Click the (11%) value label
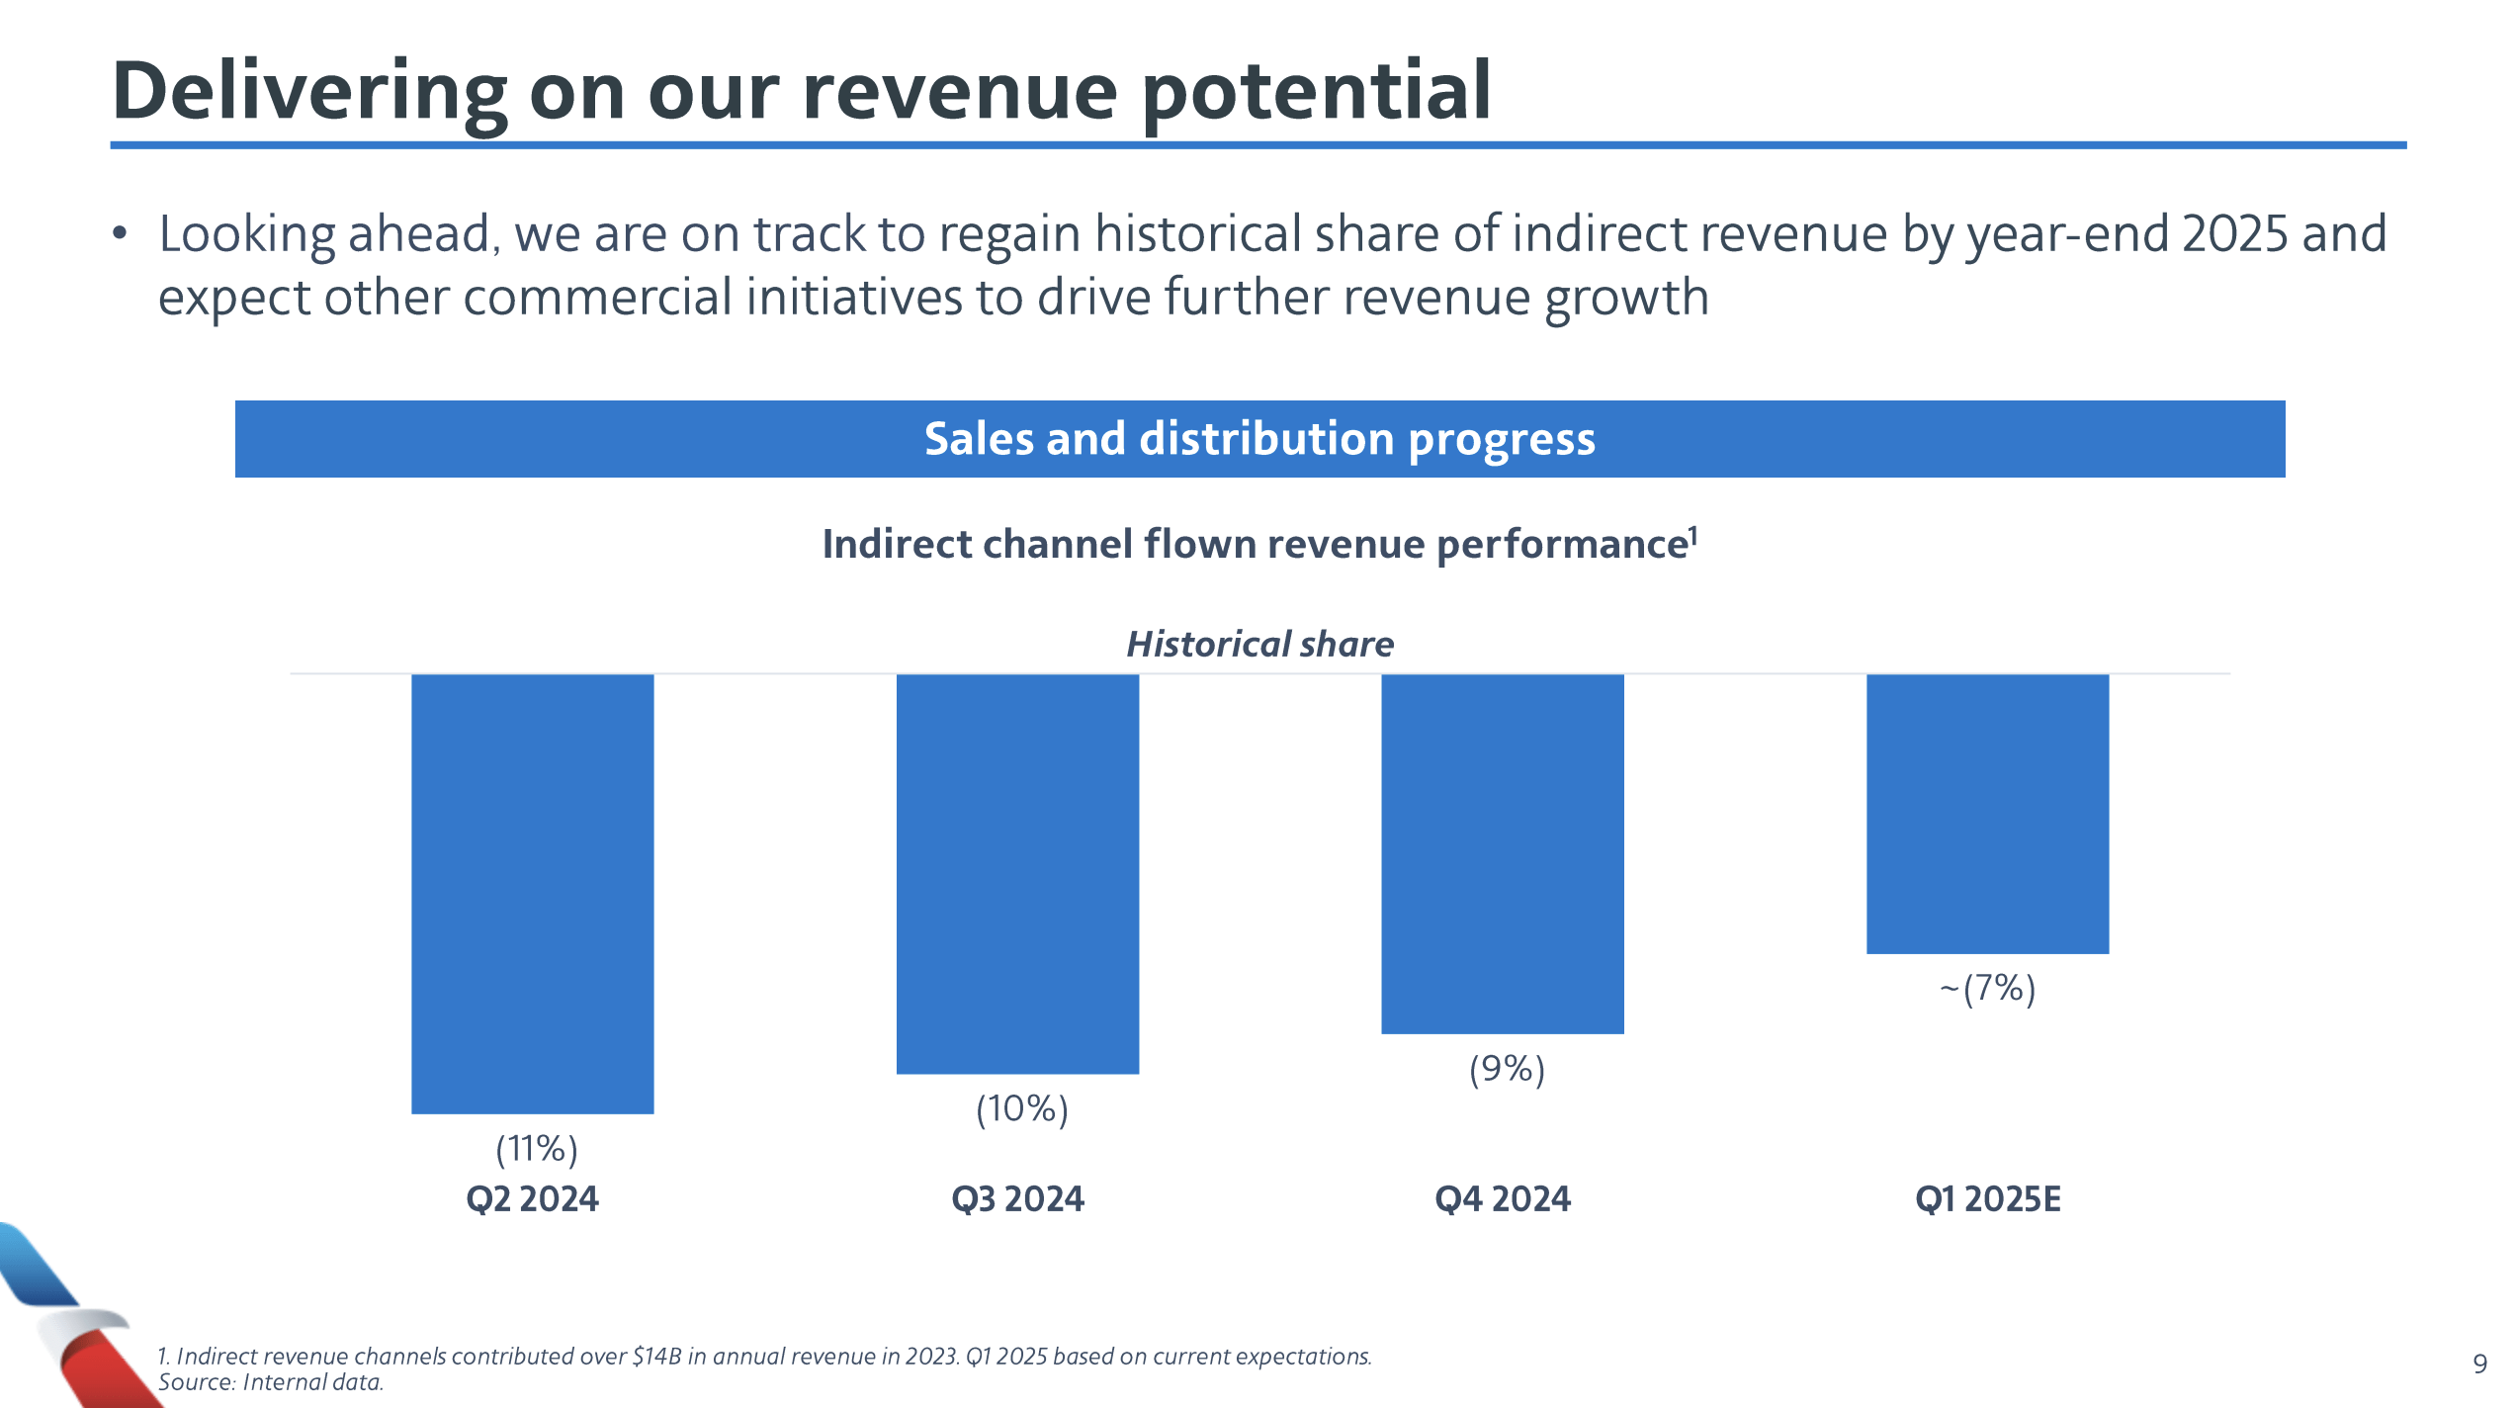click(536, 1149)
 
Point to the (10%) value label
click(1022, 1108)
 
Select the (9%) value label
click(1507, 1069)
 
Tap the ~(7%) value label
click(1987, 988)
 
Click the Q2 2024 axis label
click(532, 1199)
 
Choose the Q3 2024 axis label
click(1017, 1199)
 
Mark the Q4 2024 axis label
click(1502, 1199)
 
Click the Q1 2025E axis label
click(1987, 1199)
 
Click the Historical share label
click(1259, 645)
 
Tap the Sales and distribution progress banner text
click(1259, 439)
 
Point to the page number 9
click(2479, 1364)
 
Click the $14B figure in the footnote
click(656, 1357)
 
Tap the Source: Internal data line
click(271, 1382)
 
